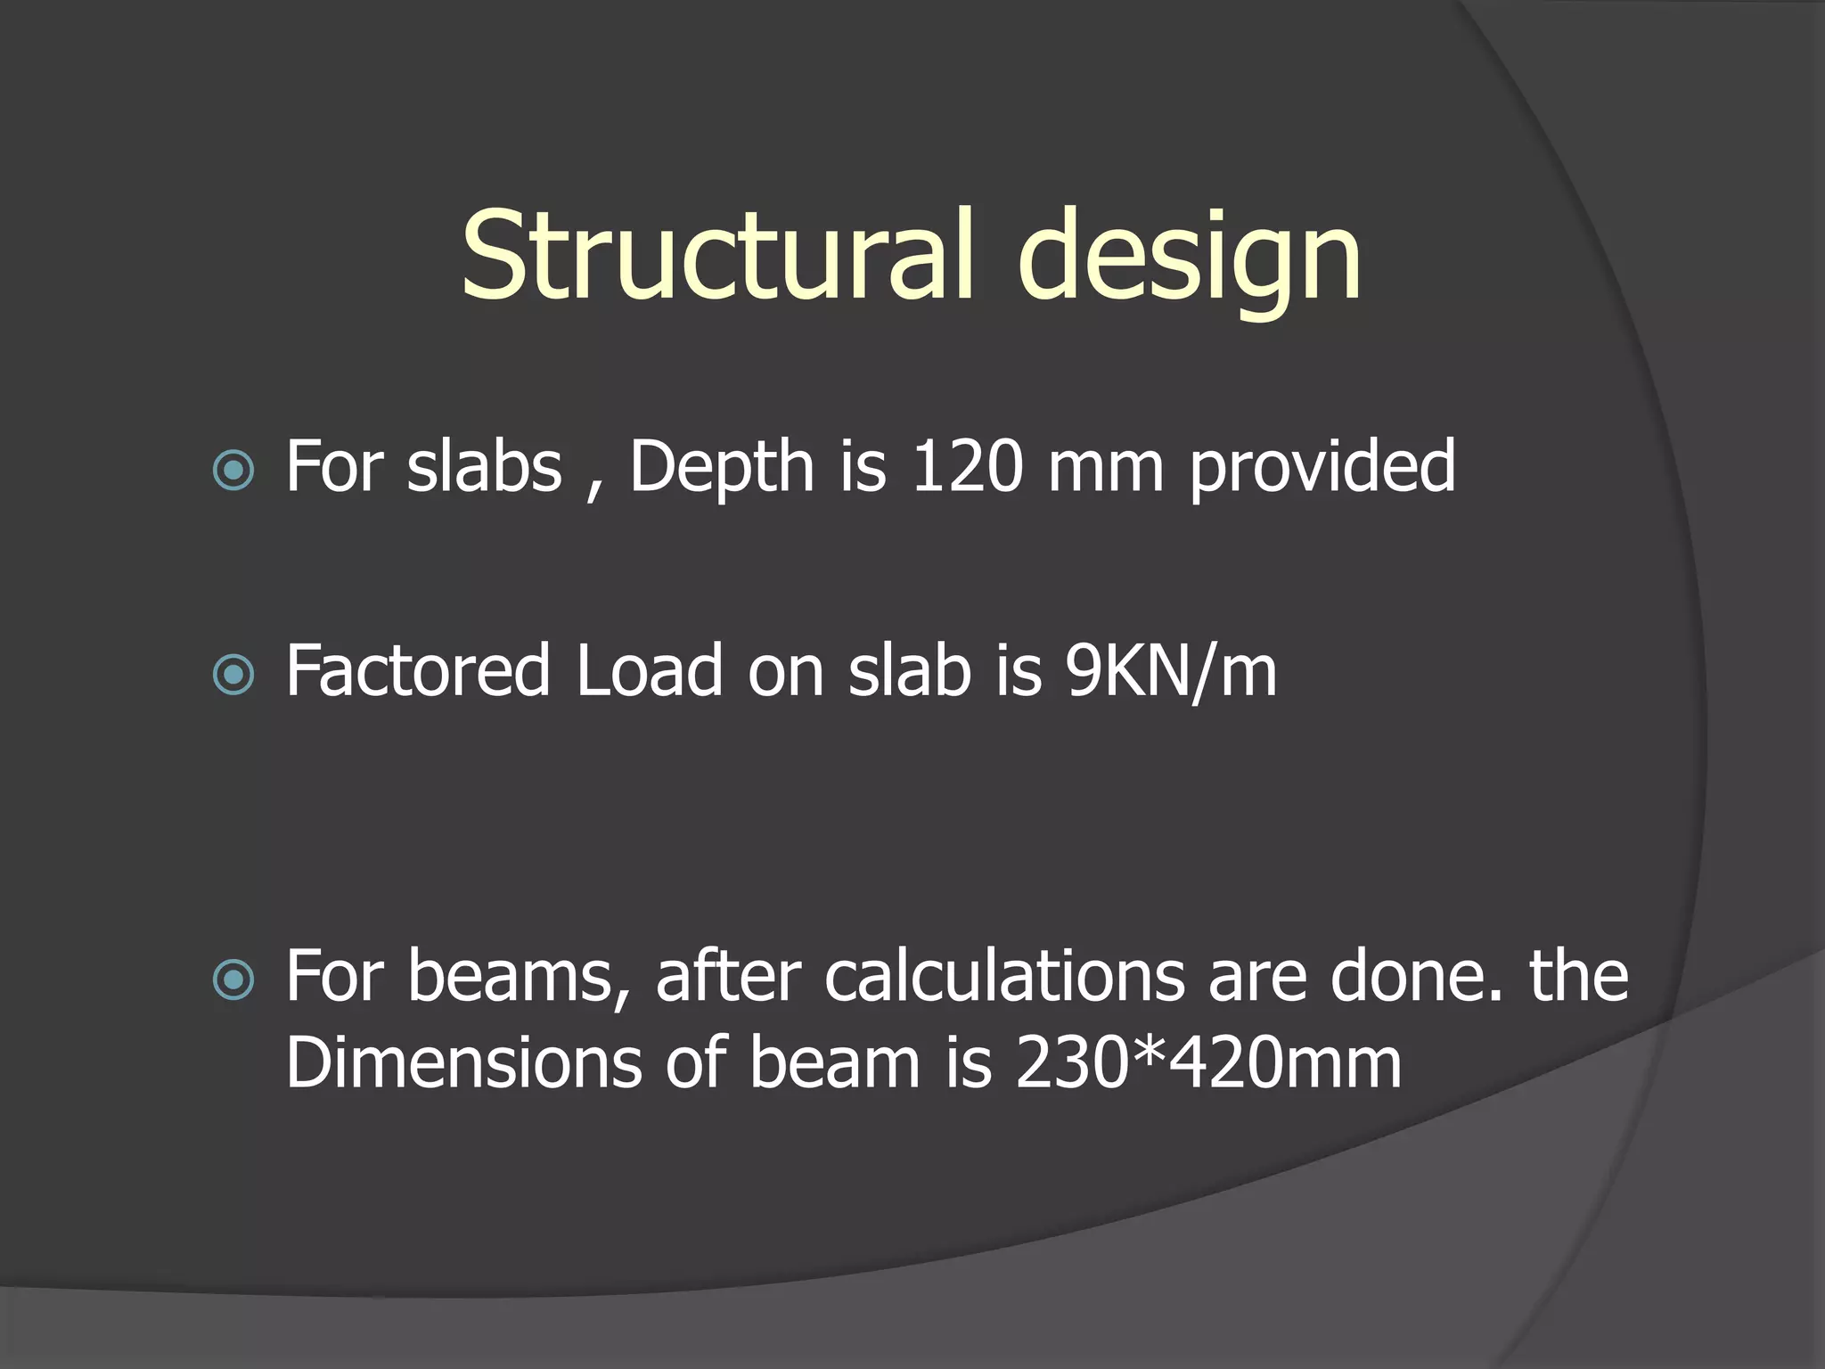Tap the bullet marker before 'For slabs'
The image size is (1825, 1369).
click(x=234, y=470)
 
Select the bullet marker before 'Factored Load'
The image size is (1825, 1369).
click(x=234, y=675)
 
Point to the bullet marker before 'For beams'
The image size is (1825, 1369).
click(x=234, y=980)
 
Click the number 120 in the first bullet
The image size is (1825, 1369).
click(x=967, y=466)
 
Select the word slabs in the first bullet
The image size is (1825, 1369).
click(x=484, y=466)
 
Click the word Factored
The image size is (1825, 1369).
click(x=417, y=671)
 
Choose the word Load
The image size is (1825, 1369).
click(x=649, y=671)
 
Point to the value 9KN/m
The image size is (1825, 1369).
click(x=1171, y=671)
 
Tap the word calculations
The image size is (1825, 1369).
click(x=1004, y=977)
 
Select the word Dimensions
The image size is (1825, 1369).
click(x=463, y=1062)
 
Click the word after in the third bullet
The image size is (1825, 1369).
click(x=728, y=977)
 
